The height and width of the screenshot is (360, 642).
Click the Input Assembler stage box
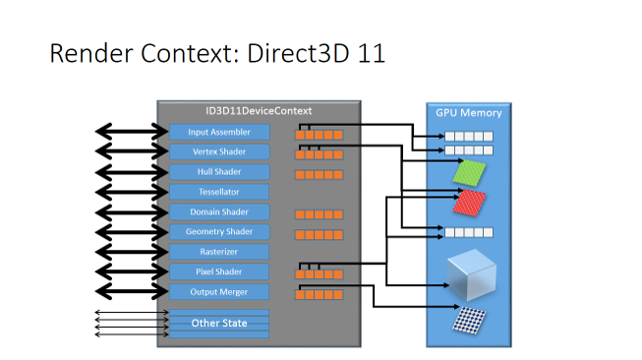tap(218, 132)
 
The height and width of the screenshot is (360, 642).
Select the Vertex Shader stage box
tap(218, 151)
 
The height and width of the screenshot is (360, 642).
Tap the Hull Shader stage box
tap(218, 172)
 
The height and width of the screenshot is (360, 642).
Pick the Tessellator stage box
tap(218, 192)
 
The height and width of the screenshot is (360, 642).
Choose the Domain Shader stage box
tap(218, 211)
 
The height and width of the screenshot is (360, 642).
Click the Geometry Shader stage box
tap(218, 232)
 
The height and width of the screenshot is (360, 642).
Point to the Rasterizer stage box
tap(218, 252)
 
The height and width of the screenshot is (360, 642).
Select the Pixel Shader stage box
tap(218, 271)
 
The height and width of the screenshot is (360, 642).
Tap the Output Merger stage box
tap(218, 292)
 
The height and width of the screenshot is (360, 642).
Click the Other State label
tap(218, 323)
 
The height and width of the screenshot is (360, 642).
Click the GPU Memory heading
tap(469, 113)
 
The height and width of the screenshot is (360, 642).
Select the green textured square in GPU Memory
tap(469, 174)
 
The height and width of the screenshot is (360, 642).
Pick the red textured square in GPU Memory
tap(469, 204)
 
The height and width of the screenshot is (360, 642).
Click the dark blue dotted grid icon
tap(469, 322)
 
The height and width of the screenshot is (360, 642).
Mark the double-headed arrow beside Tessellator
tap(130, 192)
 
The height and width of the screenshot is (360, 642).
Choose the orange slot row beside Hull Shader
tap(319, 174)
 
